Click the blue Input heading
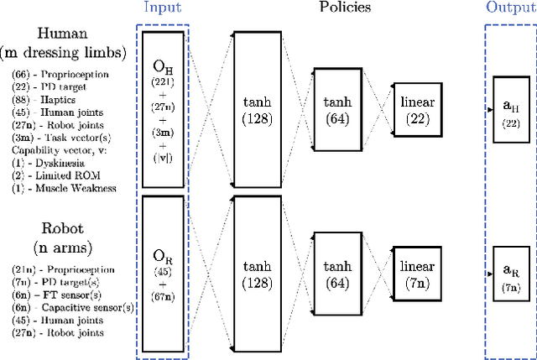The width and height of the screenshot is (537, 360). click(162, 8)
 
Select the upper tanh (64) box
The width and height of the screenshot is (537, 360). click(339, 109)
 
